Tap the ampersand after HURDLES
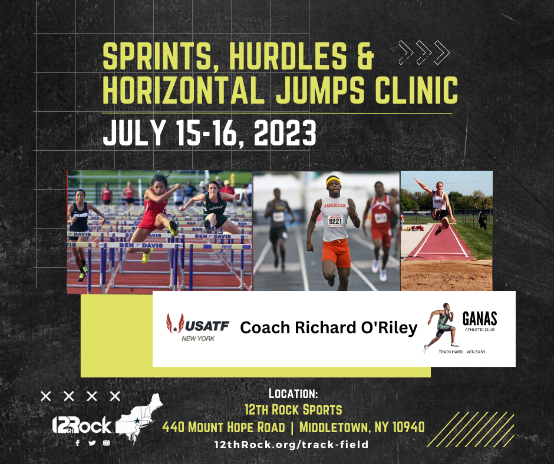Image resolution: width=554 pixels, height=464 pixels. point(365,56)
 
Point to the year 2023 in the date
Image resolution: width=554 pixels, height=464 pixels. point(285,132)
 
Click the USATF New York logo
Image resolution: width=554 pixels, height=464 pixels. point(198,327)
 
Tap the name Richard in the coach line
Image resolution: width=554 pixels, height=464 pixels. point(325,327)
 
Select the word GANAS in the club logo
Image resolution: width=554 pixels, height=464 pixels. point(480,319)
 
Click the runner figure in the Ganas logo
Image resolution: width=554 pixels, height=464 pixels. point(441,327)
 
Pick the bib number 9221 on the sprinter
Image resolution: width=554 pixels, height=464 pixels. point(335,221)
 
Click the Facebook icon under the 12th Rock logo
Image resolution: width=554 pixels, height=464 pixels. point(78,443)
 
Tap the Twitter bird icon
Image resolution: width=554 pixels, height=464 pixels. point(92,443)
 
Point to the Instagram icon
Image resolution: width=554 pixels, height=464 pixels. point(106,443)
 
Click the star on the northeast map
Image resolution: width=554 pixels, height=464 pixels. point(136,420)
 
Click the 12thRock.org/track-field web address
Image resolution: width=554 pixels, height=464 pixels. point(292,445)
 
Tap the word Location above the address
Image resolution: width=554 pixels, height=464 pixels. point(294,393)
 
